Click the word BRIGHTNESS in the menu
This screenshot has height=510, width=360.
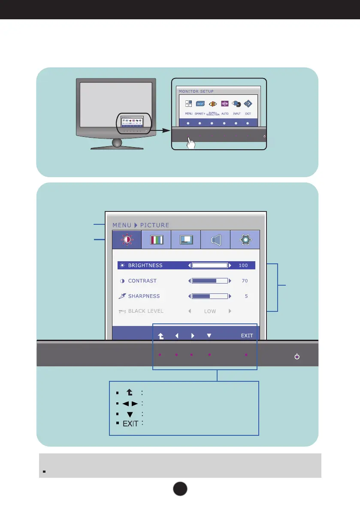tap(145, 266)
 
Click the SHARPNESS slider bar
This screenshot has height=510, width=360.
tap(210, 296)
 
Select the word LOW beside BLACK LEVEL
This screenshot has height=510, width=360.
tap(210, 311)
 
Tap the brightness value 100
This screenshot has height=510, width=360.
tap(243, 266)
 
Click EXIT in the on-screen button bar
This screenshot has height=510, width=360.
tap(247, 336)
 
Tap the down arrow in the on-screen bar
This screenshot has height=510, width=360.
tap(209, 336)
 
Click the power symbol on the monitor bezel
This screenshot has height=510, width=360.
tap(296, 357)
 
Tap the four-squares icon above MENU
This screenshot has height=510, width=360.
tap(189, 104)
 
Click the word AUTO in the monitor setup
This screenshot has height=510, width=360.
tap(225, 114)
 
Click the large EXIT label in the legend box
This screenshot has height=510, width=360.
tap(130, 423)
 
